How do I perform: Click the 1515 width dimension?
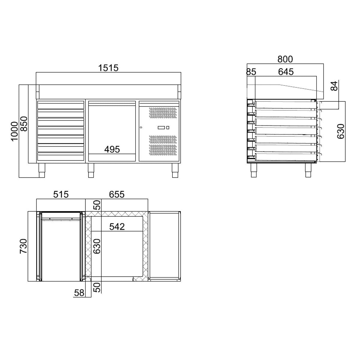tap(108, 68)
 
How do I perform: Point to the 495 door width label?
tap(112, 149)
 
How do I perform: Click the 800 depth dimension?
tap(285, 59)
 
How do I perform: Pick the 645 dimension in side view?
tap(286, 72)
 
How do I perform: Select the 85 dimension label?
tap(251, 72)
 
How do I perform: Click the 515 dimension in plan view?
tap(61, 194)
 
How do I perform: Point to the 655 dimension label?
tap(116, 194)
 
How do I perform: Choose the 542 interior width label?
tap(117, 226)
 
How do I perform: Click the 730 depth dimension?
tap(24, 246)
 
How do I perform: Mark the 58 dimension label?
tap(79, 293)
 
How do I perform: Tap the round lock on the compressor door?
tap(141, 128)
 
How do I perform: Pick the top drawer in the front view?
tap(61, 105)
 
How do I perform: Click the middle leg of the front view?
tap(91, 170)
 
